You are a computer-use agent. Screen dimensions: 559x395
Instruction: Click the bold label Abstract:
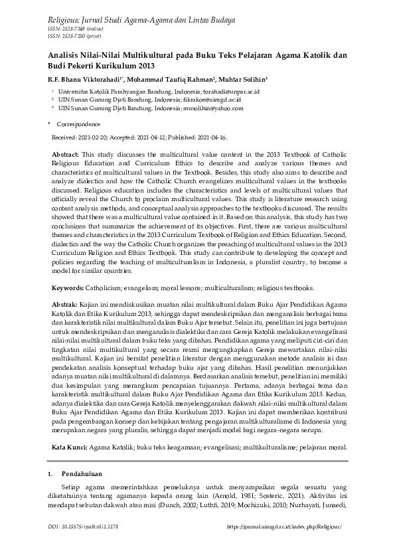coord(65,153)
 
